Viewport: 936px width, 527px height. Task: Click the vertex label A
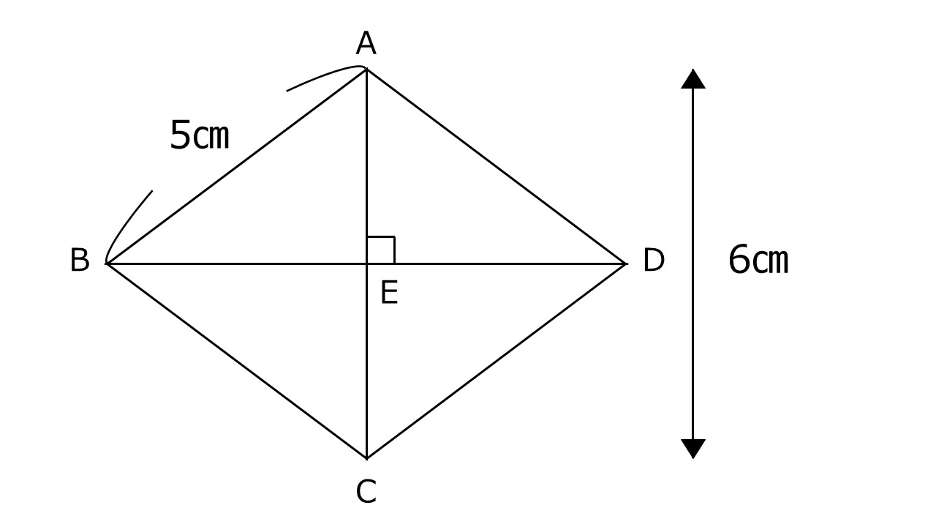click(x=366, y=43)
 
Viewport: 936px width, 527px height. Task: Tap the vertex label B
click(x=80, y=260)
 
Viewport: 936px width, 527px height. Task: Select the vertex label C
click(x=366, y=491)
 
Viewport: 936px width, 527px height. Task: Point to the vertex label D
click(x=654, y=260)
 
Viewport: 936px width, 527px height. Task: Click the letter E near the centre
click(x=390, y=292)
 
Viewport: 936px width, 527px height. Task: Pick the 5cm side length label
click(x=200, y=134)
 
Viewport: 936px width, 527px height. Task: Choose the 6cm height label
click(x=758, y=259)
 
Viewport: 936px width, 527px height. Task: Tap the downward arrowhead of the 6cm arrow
click(x=693, y=449)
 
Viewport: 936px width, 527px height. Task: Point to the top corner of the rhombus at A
click(x=366, y=69)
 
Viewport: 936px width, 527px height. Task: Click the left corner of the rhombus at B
click(x=107, y=263)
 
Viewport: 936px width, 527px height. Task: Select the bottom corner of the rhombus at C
click(x=366, y=458)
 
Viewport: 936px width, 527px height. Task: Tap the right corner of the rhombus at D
click(x=625, y=263)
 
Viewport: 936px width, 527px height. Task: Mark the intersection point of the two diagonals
click(x=366, y=263)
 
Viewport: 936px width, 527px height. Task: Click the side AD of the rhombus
click(x=496, y=166)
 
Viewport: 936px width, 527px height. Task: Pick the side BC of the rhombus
click(x=236, y=361)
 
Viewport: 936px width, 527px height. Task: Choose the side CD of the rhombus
click(x=496, y=361)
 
